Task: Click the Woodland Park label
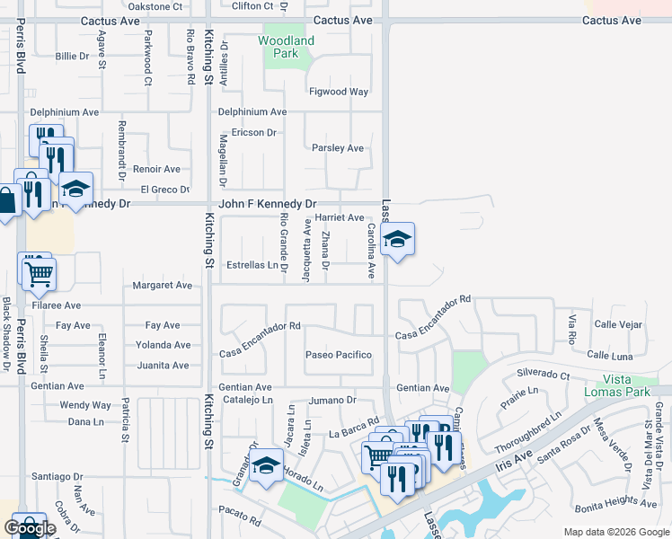pyautogui.click(x=287, y=47)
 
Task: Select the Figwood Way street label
pyautogui.click(x=339, y=92)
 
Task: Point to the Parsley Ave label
pyautogui.click(x=337, y=148)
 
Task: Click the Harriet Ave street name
pyautogui.click(x=340, y=217)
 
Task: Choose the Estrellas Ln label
pyautogui.click(x=252, y=265)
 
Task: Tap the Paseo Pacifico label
pyautogui.click(x=338, y=355)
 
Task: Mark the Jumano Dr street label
pyautogui.click(x=333, y=400)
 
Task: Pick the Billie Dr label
pyautogui.click(x=72, y=56)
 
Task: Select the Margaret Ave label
pyautogui.click(x=163, y=286)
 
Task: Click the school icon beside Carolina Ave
pyautogui.click(x=396, y=239)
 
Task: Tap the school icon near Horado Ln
pyautogui.click(x=265, y=466)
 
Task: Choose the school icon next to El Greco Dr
pyautogui.click(x=76, y=189)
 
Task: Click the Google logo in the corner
pyautogui.click(x=30, y=528)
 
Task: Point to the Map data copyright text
pyautogui.click(x=615, y=532)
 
